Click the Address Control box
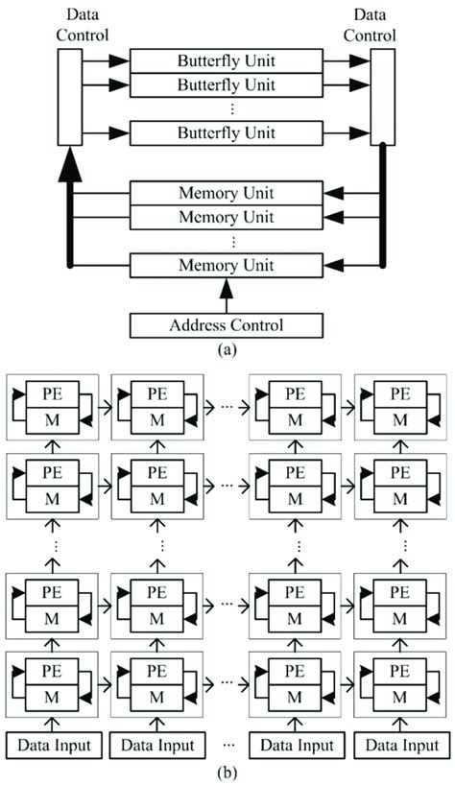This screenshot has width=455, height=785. pos(227,325)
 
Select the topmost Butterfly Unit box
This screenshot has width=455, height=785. pos(227,59)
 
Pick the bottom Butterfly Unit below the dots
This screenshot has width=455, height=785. pos(227,132)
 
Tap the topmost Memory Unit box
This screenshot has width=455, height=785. pos(227,193)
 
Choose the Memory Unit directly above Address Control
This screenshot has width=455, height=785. pos(227,265)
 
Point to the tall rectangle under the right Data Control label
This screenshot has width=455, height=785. pos(383,95)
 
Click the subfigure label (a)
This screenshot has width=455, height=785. pos(227,350)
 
